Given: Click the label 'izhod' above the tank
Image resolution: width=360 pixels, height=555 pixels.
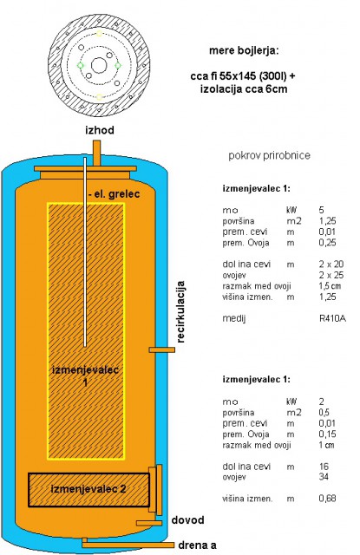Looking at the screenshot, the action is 100,130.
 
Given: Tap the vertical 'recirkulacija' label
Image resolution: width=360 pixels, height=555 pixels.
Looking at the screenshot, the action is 180,311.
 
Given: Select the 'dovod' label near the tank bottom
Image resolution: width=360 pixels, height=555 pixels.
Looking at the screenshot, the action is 187,520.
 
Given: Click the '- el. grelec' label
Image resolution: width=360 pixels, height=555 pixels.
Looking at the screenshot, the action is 114,194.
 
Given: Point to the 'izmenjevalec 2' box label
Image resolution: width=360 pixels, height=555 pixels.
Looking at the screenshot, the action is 88,489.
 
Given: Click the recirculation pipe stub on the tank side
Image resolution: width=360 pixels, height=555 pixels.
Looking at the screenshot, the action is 161,349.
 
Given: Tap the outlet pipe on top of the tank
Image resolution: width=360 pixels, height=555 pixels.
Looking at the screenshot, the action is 96,153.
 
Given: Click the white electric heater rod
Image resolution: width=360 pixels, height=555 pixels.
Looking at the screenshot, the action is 85,252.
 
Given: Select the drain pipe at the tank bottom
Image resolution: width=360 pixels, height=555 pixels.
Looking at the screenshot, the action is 128,545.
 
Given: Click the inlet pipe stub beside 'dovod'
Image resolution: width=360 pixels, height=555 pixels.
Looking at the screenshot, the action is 149,523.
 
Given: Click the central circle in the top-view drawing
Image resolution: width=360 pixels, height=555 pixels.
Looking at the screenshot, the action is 99,66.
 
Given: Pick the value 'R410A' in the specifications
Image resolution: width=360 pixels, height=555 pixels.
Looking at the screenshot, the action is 332,318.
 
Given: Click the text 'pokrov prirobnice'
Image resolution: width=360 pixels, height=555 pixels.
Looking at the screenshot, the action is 270,155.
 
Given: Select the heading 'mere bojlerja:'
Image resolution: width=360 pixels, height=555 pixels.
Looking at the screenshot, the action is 244,50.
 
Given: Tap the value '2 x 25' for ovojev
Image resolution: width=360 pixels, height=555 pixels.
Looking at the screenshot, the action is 331,275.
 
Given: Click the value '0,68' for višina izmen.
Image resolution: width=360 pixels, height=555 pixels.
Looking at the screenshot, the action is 327,499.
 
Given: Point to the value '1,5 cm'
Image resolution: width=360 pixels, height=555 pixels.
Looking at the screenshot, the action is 330,286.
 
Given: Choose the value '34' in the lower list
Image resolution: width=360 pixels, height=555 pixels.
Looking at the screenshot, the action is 324,477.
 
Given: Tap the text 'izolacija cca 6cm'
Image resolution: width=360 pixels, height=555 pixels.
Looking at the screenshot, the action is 244,88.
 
